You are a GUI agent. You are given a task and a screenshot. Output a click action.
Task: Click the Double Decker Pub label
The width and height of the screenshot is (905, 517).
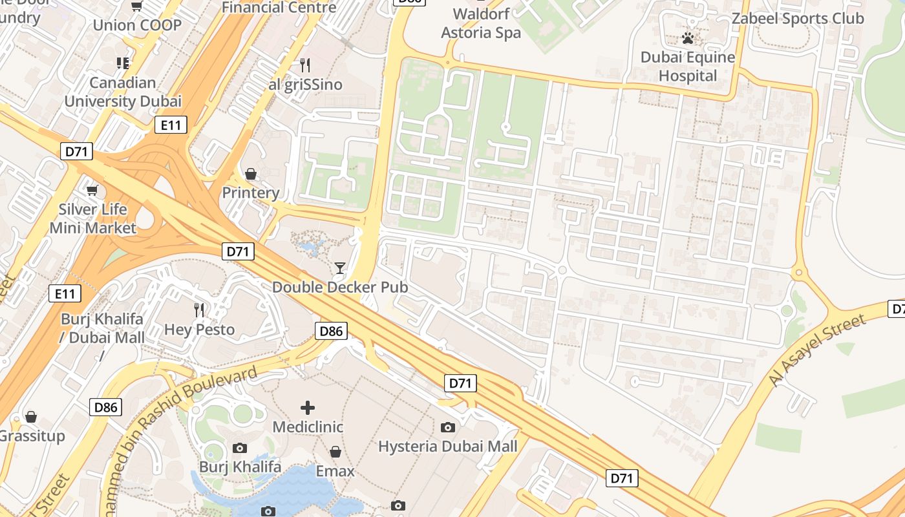coord(340,287)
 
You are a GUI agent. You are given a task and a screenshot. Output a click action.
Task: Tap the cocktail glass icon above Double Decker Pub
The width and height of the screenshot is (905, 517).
coord(340,268)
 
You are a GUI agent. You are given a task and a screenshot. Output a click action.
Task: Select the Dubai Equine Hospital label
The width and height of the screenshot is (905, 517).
coord(688,67)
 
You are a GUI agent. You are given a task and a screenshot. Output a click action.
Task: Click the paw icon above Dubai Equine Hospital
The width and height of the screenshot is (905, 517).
coord(688,39)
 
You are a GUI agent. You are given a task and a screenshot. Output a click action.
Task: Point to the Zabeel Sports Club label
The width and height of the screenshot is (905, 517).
coord(798,18)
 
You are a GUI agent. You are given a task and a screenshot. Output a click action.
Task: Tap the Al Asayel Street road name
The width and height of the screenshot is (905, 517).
coord(816,350)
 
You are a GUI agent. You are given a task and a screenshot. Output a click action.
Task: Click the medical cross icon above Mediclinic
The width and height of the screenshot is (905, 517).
coord(308,408)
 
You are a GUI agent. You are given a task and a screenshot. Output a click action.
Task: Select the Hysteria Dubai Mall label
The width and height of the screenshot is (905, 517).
coord(447,447)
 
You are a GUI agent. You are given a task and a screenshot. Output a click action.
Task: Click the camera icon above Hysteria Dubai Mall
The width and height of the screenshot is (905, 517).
coord(447,427)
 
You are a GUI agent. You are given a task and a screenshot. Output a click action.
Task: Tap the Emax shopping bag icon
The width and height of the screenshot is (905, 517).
coord(335,452)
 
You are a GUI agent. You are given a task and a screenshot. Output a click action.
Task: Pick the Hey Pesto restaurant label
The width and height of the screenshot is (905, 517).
coord(199,330)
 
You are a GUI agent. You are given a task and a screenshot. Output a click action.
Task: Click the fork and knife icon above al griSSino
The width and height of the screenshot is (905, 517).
coord(305,65)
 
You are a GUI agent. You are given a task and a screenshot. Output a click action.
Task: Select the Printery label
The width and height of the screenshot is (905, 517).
coord(251,193)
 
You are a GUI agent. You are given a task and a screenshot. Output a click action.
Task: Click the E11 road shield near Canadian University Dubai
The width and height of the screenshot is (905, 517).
coord(171,125)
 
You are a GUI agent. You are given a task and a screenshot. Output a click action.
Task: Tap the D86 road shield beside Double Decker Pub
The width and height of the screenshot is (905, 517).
coord(332,332)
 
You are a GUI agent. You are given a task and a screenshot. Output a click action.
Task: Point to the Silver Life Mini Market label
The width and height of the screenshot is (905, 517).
coord(92,218)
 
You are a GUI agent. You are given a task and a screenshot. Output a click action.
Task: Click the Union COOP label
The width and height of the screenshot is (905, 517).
coord(137,25)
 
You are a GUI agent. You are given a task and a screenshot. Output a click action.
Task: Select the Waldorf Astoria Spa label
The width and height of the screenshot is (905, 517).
coord(481,23)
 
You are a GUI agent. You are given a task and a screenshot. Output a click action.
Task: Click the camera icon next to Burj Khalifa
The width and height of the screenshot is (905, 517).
coord(239,448)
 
